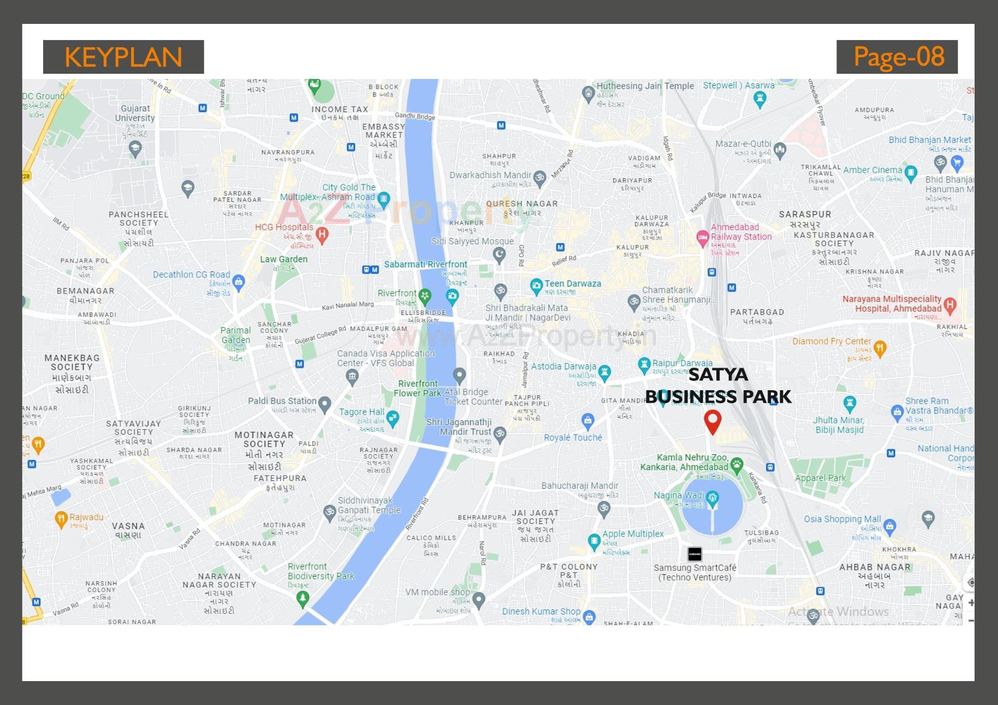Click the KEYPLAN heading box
[123, 57]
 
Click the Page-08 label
[897, 57]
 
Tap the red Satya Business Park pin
[712, 421]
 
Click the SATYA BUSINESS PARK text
[718, 385]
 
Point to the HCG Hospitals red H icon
[322, 235]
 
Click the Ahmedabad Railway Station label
[741, 232]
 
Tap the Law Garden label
[283, 259]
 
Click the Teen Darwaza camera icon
[536, 285]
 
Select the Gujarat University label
[135, 113]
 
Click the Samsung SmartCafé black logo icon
[694, 554]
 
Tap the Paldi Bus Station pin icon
[325, 403]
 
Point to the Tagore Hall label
[361, 412]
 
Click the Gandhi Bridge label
[414, 116]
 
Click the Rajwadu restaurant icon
[61, 518]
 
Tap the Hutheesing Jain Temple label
[645, 86]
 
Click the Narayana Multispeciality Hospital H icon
[950, 305]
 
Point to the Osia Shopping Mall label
[842, 519]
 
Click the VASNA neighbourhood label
[128, 526]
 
